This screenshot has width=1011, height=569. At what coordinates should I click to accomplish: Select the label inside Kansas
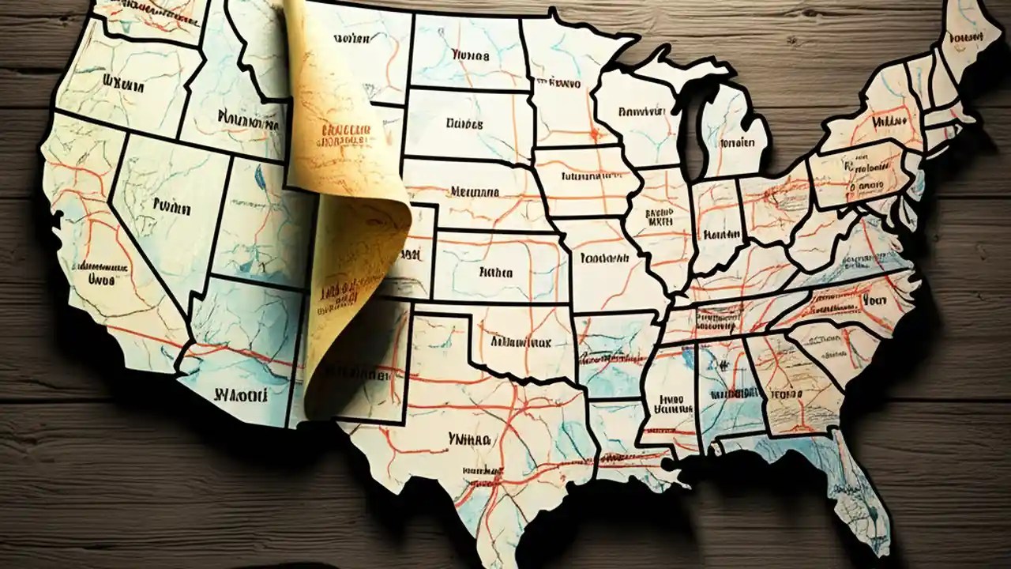click(495, 273)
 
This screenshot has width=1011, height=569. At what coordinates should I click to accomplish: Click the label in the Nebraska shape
click(474, 191)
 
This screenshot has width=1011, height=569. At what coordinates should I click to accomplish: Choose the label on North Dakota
click(471, 56)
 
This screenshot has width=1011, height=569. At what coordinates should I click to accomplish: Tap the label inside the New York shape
click(887, 122)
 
